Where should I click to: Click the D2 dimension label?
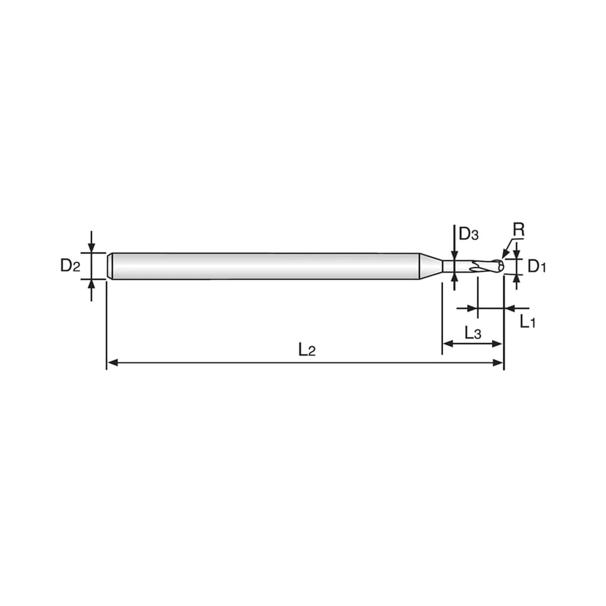click(70, 266)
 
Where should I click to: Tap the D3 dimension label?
click(469, 234)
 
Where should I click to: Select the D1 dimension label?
click(537, 266)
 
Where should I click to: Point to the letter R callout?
click(518, 230)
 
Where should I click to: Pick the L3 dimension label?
click(473, 333)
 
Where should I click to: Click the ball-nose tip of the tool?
click(500, 266)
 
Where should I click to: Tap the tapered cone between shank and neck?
click(431, 266)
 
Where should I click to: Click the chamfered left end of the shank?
click(110, 266)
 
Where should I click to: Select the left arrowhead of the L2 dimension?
click(113, 363)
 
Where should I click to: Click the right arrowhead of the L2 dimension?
click(498, 363)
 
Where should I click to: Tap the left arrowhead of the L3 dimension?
click(448, 344)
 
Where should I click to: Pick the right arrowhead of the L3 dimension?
click(498, 344)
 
